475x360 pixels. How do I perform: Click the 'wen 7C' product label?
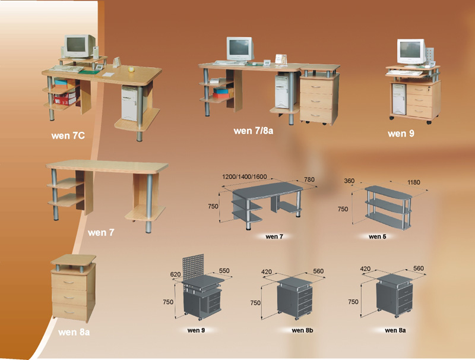[68, 135]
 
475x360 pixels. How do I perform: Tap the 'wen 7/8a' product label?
[254, 131]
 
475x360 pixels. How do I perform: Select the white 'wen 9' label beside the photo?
[401, 133]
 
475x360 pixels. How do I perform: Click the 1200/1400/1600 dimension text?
[245, 176]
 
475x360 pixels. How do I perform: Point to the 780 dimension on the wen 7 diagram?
[309, 179]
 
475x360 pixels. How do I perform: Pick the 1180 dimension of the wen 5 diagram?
[413, 182]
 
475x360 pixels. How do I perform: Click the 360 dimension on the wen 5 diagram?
[349, 181]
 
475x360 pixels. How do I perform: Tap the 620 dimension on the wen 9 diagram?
[175, 274]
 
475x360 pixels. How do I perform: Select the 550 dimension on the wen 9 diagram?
[224, 270]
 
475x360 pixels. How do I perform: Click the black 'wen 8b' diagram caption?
[302, 330]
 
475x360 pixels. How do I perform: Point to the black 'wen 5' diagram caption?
[377, 236]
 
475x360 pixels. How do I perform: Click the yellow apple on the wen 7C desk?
[131, 70]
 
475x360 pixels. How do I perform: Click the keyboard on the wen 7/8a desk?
[230, 63]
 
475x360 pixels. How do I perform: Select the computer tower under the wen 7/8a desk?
[281, 91]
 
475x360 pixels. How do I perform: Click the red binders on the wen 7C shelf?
[64, 99]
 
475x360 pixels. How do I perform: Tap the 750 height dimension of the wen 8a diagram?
[353, 302]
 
